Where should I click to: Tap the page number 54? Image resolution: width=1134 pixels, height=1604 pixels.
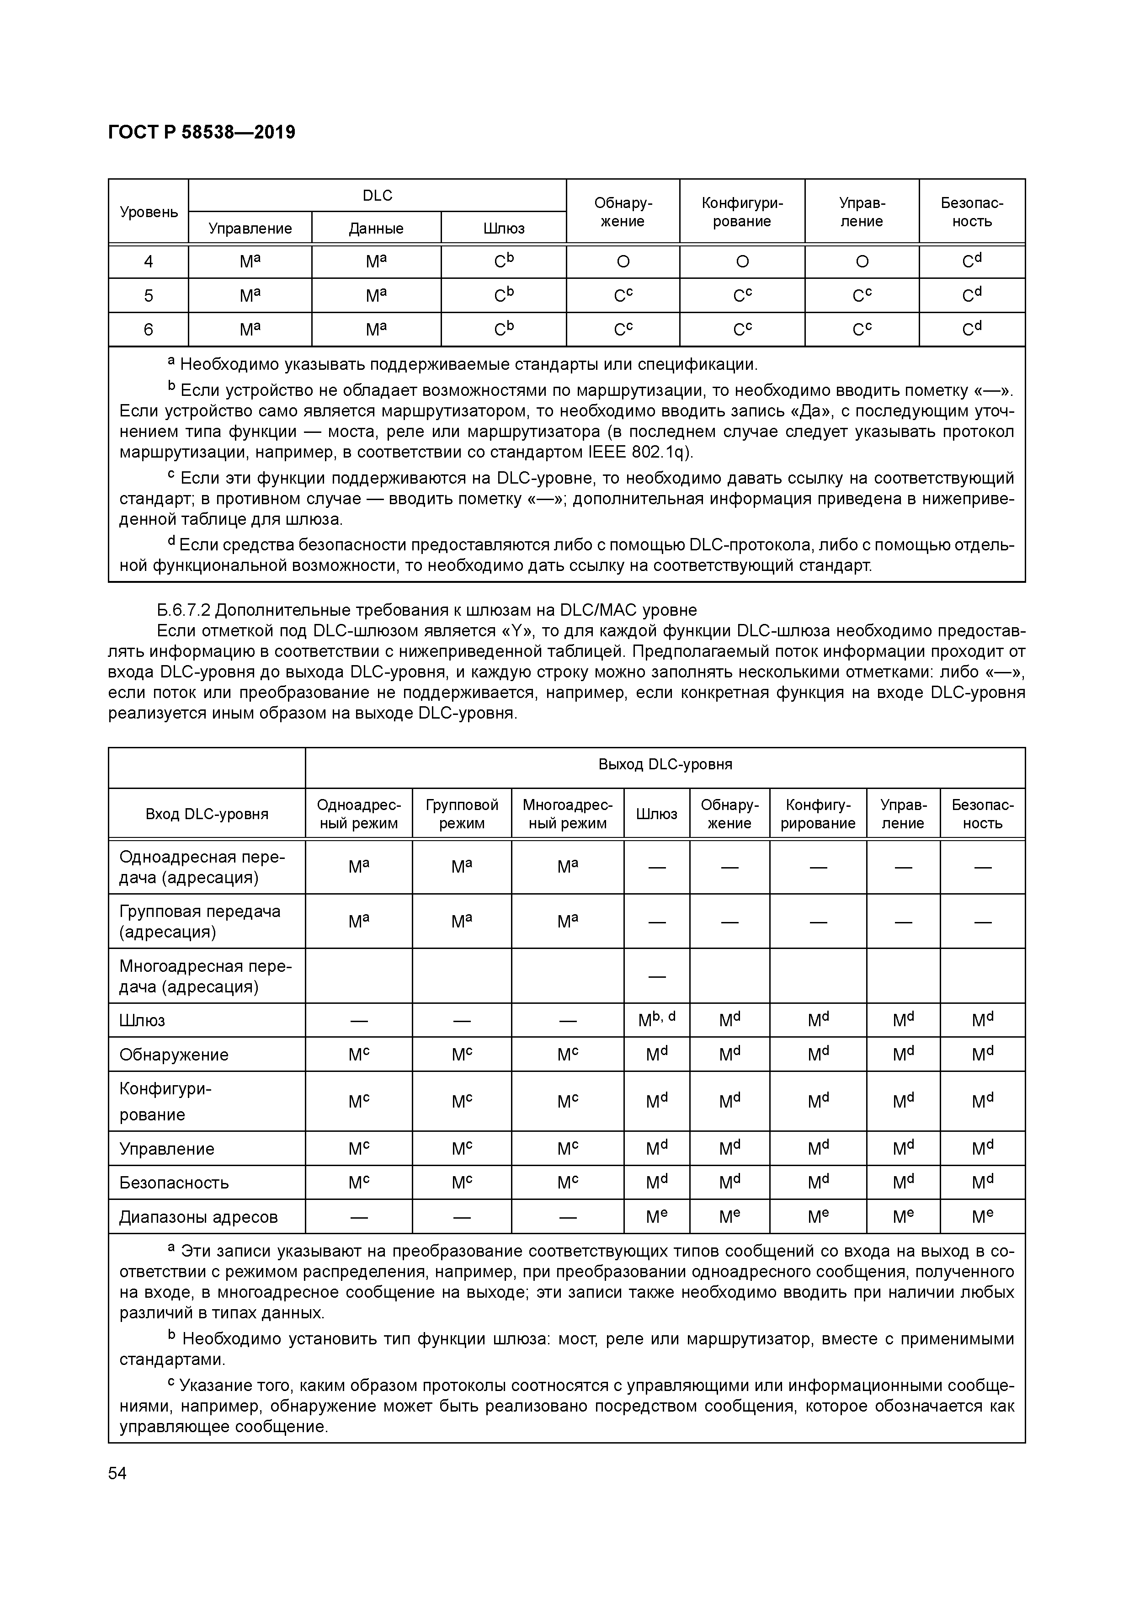click(117, 1473)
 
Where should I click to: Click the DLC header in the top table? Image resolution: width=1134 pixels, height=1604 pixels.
click(377, 196)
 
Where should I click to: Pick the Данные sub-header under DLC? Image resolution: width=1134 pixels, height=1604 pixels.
click(376, 229)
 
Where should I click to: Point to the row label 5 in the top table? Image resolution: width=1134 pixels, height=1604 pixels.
click(148, 295)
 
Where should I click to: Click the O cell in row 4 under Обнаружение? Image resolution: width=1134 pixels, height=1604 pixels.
click(623, 262)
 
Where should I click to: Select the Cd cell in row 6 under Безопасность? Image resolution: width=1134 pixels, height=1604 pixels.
click(971, 329)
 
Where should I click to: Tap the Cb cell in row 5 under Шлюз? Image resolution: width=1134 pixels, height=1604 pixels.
click(503, 295)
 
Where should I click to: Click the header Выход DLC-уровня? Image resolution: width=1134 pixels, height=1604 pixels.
click(665, 764)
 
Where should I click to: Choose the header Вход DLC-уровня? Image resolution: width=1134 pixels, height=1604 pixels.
click(207, 814)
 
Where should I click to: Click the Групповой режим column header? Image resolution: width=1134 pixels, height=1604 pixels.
click(461, 814)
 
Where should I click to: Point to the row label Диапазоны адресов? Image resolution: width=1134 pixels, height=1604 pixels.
click(198, 1217)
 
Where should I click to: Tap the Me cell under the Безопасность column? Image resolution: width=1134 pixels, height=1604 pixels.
click(982, 1217)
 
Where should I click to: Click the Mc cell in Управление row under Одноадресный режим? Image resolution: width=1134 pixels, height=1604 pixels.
click(358, 1149)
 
